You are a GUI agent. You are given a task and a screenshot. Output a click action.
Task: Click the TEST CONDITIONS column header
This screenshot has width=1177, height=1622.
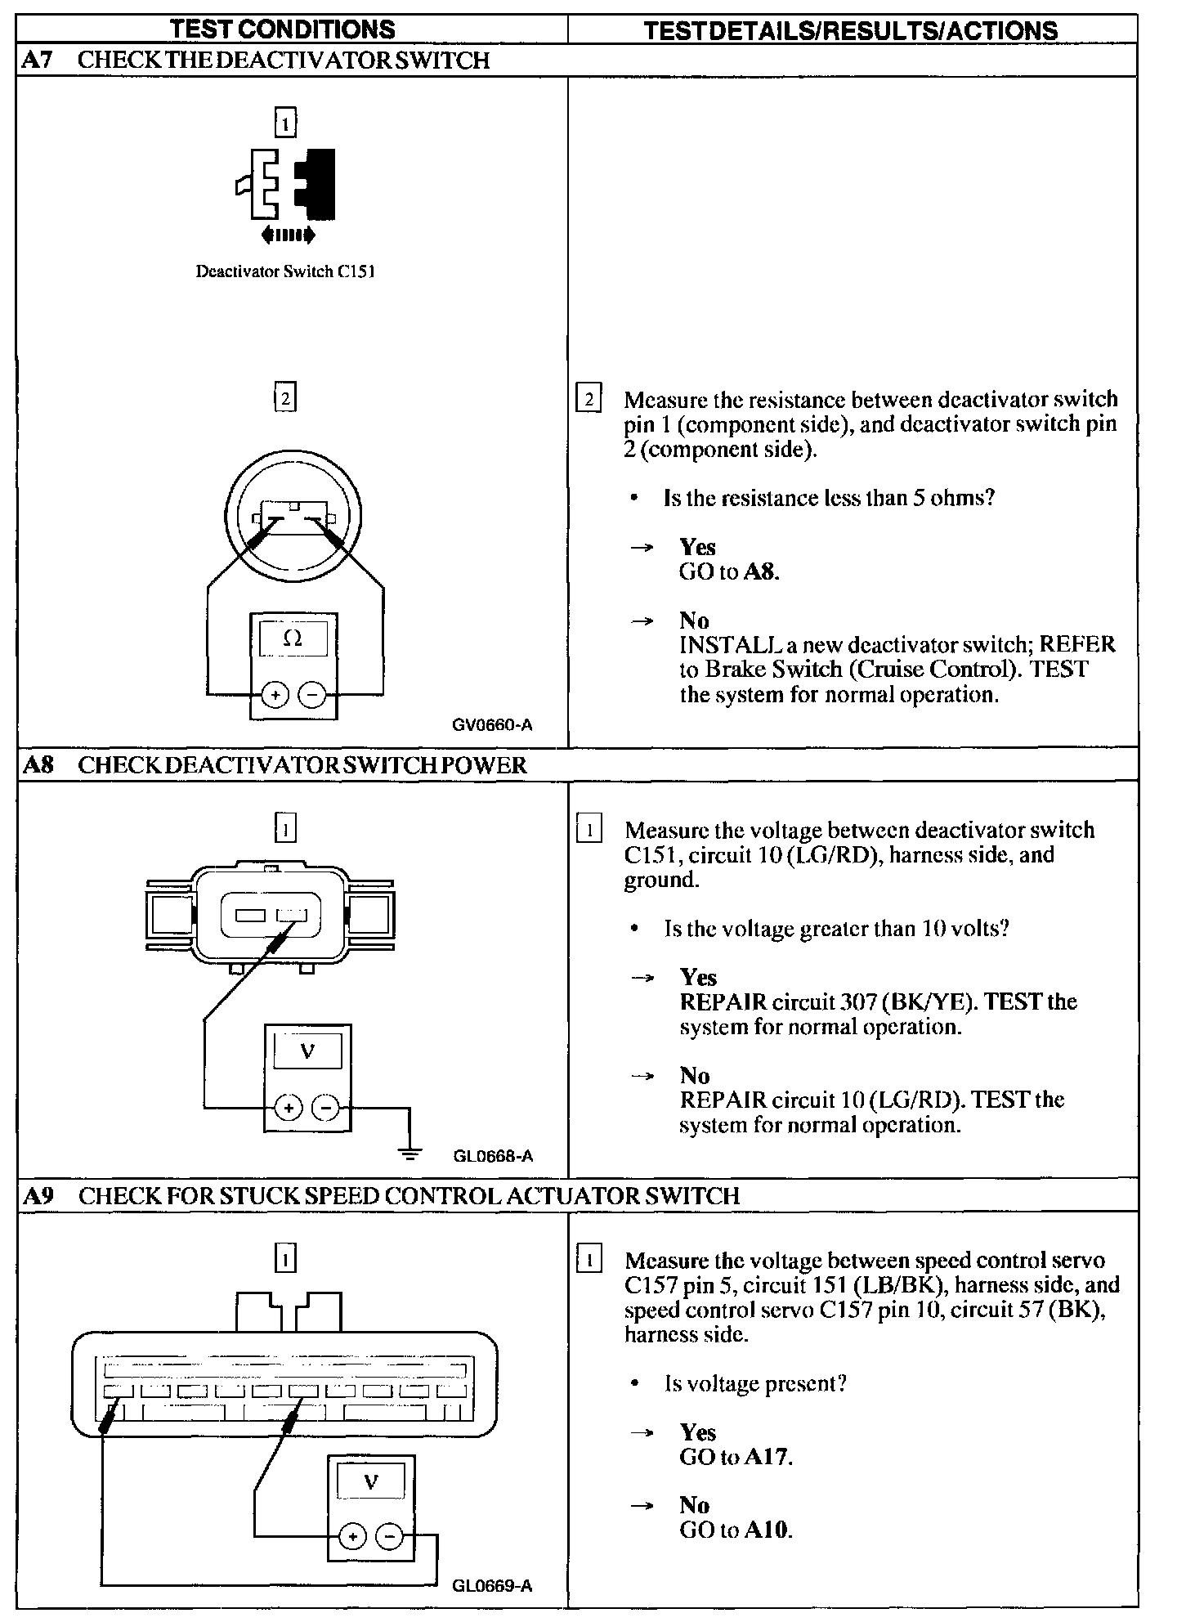283,29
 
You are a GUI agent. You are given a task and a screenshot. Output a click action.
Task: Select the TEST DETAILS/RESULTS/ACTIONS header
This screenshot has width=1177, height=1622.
850,31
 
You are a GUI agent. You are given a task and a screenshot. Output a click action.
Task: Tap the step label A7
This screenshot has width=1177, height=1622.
38,60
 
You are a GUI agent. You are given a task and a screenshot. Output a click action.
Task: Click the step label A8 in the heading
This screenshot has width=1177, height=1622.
38,765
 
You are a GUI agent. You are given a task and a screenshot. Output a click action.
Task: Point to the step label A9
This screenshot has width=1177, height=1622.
38,1196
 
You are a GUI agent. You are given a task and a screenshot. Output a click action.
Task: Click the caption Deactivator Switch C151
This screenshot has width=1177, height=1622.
285,271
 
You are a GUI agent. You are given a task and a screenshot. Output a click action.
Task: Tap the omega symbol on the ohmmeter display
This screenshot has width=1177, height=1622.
293,638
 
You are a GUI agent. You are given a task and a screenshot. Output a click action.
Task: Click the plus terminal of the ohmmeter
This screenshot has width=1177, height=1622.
275,695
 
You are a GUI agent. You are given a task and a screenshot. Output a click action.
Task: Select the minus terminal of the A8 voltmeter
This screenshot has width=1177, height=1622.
326,1108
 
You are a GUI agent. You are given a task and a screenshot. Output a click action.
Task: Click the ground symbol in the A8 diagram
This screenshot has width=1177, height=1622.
410,1153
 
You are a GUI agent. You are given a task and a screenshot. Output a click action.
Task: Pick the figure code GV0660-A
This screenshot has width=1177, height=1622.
492,724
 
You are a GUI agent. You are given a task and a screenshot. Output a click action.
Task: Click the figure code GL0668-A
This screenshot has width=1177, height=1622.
493,1155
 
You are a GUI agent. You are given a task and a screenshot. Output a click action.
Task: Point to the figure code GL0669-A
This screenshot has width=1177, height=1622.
492,1585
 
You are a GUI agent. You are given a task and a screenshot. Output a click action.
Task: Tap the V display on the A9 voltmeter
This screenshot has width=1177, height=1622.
371,1481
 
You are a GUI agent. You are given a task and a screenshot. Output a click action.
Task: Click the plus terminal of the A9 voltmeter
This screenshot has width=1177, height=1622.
352,1537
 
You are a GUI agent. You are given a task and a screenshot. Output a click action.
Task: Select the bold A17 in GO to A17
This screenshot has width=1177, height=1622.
768,1456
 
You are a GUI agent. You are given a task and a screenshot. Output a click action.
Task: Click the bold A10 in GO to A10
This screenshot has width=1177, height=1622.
768,1530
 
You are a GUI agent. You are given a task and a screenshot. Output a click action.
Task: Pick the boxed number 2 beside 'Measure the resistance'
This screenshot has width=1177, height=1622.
588,401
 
